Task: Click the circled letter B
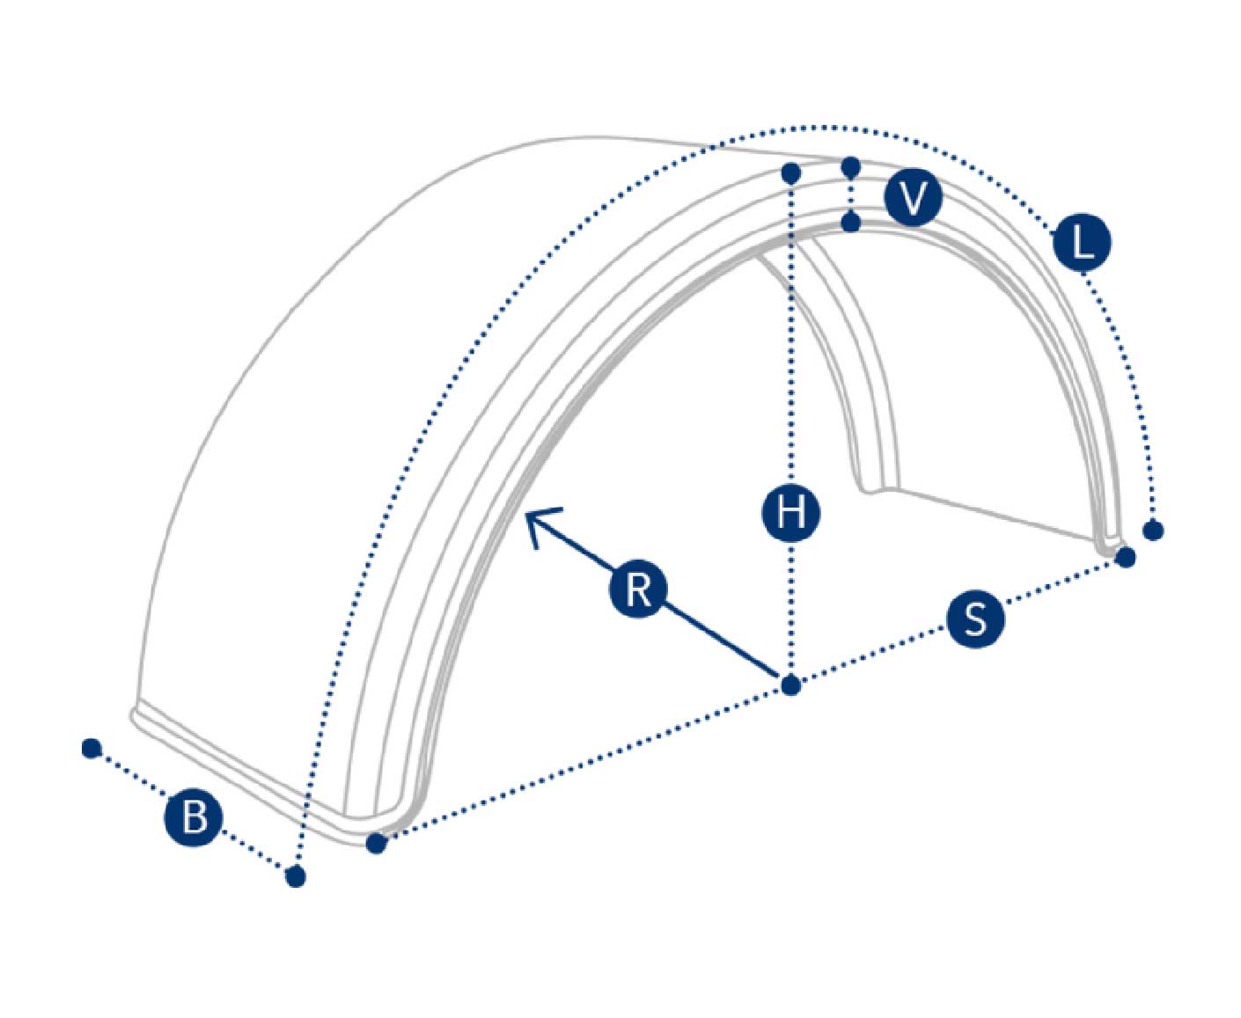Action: click(194, 817)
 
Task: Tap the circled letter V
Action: click(913, 198)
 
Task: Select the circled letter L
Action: click(1082, 242)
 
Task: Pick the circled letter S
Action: click(975, 619)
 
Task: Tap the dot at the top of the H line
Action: click(791, 173)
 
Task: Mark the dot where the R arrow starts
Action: click(791, 685)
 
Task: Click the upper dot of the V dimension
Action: click(851, 167)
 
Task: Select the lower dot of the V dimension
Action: click(851, 223)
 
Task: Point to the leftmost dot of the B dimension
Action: click(92, 749)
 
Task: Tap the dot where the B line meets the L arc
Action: click(296, 877)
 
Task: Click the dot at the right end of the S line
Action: click(1126, 557)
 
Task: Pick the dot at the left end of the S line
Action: click(377, 844)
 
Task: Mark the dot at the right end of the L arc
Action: click(1153, 531)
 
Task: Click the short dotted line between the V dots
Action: click(851, 195)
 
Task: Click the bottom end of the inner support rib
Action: click(880, 489)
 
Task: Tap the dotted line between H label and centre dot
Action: click(791, 609)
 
